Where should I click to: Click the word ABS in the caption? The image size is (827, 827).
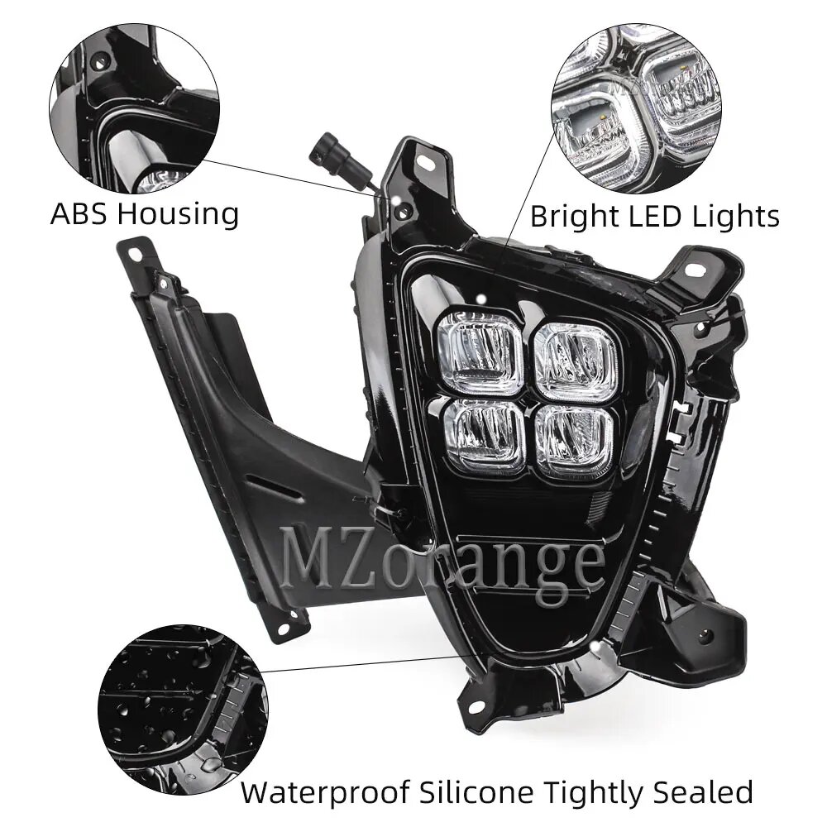pos(80,213)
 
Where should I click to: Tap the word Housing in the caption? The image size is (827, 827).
pos(177,215)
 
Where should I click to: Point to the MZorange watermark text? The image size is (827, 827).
pos(442,561)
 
